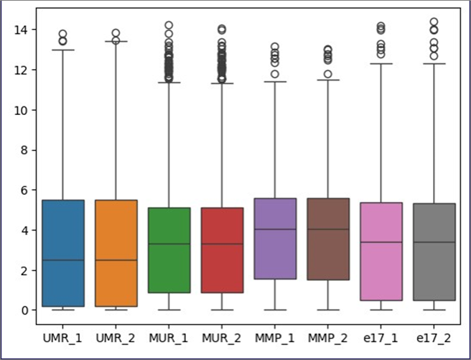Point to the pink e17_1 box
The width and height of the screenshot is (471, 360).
click(381, 251)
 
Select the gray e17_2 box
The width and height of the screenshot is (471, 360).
click(434, 251)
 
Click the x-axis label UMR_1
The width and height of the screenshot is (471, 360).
click(63, 336)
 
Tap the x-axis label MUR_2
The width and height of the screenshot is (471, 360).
click(222, 336)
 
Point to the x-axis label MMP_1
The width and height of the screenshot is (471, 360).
click(275, 336)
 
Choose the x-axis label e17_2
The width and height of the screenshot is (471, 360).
click(434, 336)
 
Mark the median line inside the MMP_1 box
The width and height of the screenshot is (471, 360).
click(275, 229)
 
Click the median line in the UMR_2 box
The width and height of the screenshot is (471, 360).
click(116, 260)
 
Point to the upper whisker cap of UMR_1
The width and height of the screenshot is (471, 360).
click(63, 50)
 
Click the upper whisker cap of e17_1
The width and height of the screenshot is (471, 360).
click(381, 64)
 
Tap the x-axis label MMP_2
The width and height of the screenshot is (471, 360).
click(328, 336)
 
